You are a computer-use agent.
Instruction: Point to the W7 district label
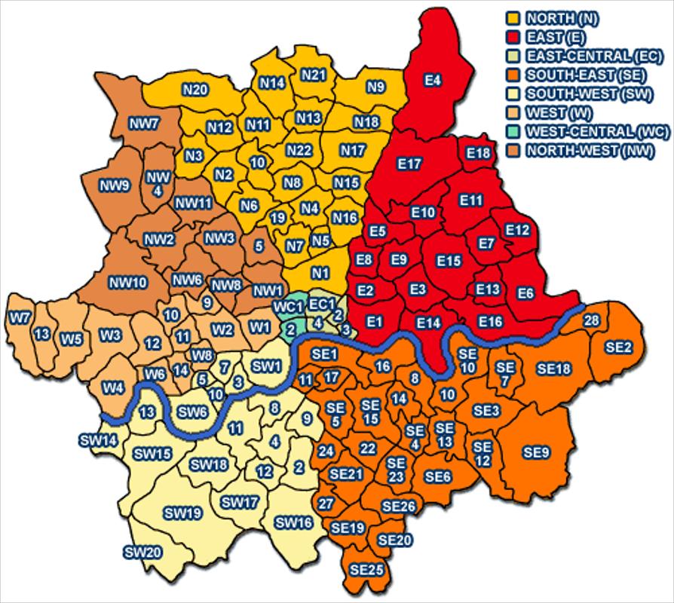pyautogui.click(x=20, y=317)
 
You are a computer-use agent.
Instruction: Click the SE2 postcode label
pyautogui.click(x=619, y=347)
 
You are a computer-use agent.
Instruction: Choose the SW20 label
pyautogui.click(x=142, y=552)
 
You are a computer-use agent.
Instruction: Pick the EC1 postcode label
pyautogui.click(x=320, y=304)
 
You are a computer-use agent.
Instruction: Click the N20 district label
pyautogui.click(x=195, y=90)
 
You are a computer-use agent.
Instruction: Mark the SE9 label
pyautogui.click(x=536, y=452)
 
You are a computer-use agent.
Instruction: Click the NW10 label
pyautogui.click(x=127, y=283)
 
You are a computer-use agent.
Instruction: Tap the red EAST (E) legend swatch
pyautogui.click(x=512, y=36)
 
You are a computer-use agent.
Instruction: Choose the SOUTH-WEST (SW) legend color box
pyautogui.click(x=512, y=93)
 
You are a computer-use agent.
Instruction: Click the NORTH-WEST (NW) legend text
pyautogui.click(x=590, y=150)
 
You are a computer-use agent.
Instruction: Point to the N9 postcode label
pyautogui.click(x=375, y=87)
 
